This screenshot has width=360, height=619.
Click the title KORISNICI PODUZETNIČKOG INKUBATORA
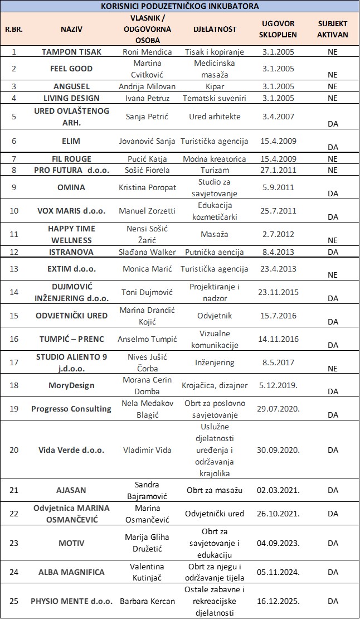click(x=180, y=6)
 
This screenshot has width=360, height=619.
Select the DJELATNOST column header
click(x=215, y=28)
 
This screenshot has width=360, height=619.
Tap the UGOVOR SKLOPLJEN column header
click(x=279, y=28)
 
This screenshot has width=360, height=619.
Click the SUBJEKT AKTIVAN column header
click(x=333, y=28)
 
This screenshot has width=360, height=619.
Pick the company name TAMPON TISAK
click(x=71, y=51)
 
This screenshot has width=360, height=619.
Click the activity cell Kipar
click(x=215, y=86)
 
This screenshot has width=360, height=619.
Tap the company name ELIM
click(x=71, y=142)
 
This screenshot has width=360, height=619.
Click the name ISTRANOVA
click(x=71, y=252)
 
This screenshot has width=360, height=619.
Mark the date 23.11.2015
click(x=278, y=292)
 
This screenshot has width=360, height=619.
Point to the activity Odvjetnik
click(x=215, y=316)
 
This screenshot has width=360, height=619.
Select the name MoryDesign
click(x=71, y=385)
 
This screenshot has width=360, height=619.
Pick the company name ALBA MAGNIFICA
click(x=71, y=572)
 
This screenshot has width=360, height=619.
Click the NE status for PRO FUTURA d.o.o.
click(x=333, y=170)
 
